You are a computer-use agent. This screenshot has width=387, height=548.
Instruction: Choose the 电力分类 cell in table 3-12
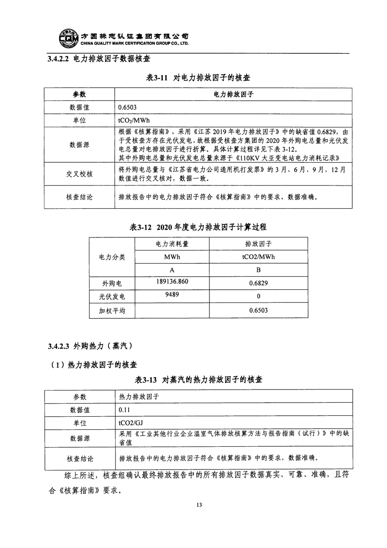coord(112,257)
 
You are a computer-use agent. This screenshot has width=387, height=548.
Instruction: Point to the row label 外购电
coord(112,283)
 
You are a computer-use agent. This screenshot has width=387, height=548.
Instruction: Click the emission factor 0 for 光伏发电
coord(258,297)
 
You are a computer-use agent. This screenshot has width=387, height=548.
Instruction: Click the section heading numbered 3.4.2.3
coord(90,346)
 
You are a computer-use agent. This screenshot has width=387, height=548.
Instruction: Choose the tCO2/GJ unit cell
coord(130,423)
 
